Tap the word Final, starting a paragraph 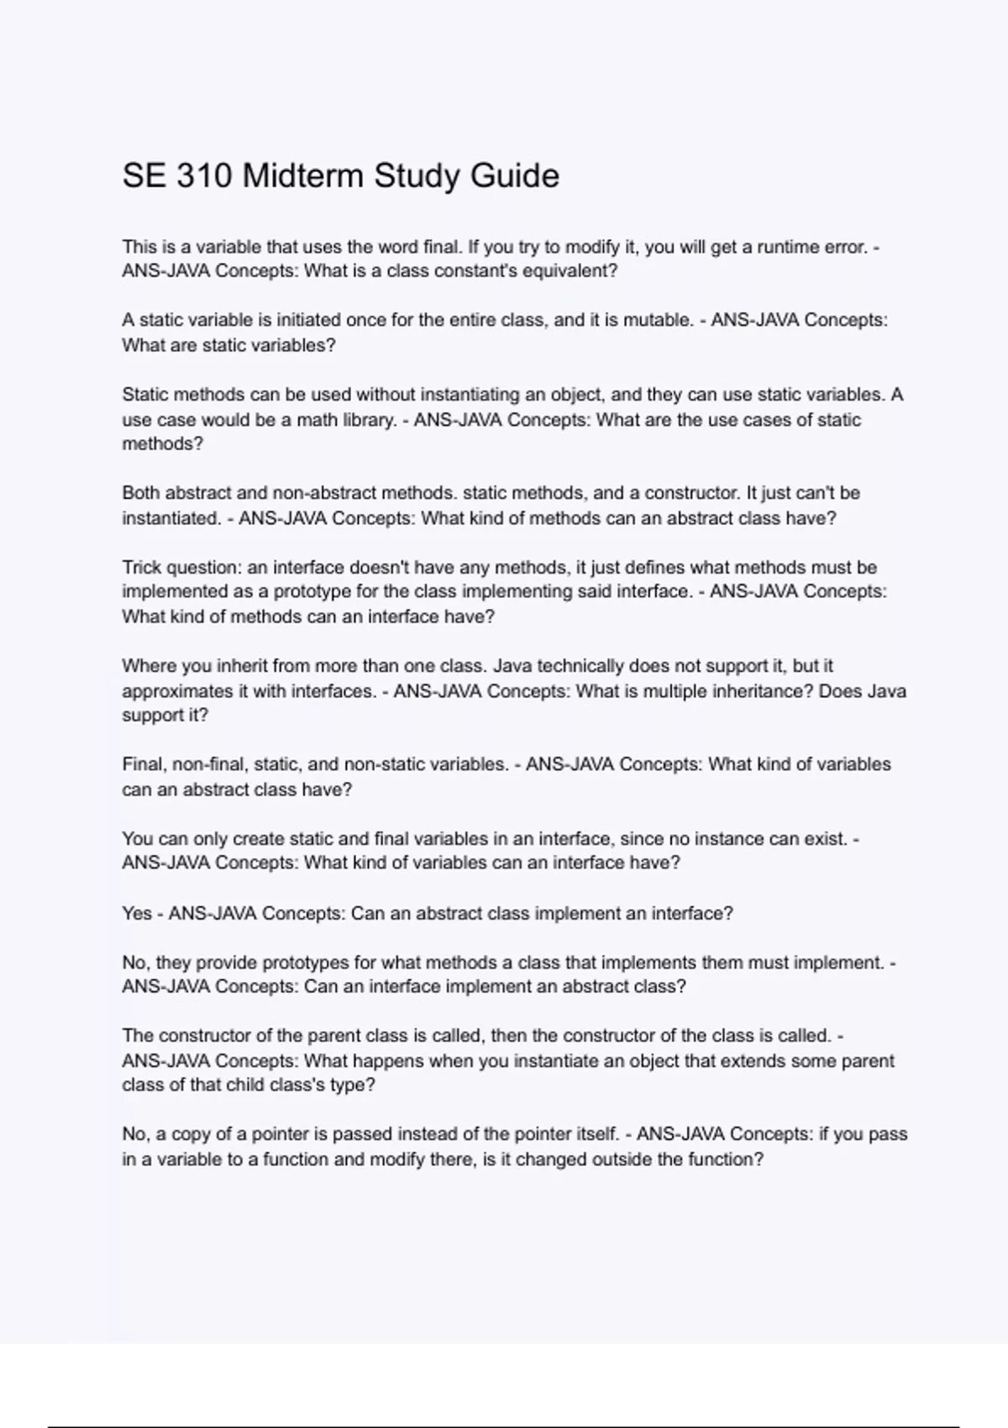(144, 764)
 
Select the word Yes (137, 913)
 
